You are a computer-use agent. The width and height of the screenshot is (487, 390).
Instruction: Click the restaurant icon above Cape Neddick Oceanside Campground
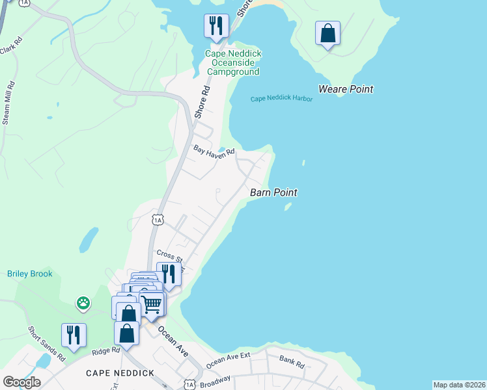click(x=216, y=26)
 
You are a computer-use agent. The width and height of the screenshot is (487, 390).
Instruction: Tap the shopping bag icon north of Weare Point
click(x=327, y=33)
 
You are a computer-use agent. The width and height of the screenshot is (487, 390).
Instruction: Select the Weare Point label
click(x=346, y=89)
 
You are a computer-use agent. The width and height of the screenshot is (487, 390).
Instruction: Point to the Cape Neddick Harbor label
click(x=282, y=99)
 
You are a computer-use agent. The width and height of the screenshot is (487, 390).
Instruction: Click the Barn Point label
click(x=273, y=192)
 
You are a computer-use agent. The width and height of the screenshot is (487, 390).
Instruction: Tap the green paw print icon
click(x=83, y=302)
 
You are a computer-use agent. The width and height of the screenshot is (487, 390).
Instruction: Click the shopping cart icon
click(x=152, y=303)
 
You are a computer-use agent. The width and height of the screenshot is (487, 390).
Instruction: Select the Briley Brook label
click(x=30, y=274)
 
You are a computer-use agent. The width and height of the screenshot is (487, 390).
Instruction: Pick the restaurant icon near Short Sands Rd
click(x=74, y=335)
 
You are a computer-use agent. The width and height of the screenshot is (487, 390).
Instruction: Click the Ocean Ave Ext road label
click(x=229, y=361)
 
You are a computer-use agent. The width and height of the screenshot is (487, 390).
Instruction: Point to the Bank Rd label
click(x=292, y=362)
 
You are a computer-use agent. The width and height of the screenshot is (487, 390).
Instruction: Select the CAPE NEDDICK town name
click(x=120, y=373)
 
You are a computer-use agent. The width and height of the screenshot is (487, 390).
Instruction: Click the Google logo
click(x=21, y=382)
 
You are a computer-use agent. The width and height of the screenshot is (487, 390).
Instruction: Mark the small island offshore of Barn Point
click(x=287, y=208)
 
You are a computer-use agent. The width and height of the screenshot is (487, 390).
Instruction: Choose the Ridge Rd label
click(x=106, y=350)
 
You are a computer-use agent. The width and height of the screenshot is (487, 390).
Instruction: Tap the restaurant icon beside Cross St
click(x=169, y=274)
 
